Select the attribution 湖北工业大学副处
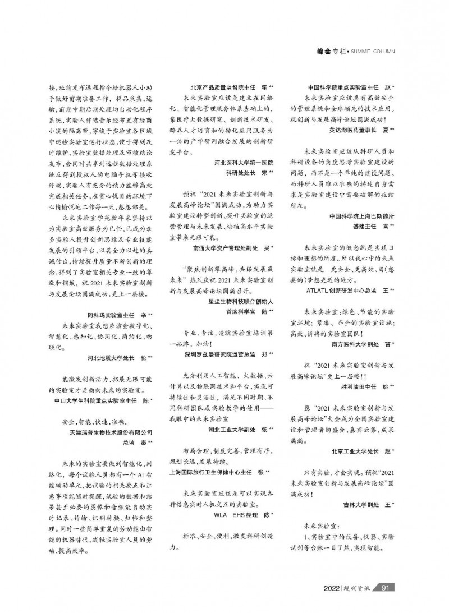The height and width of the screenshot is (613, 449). tap(237, 429)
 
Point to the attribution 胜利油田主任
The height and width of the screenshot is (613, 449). tap(368, 386)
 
